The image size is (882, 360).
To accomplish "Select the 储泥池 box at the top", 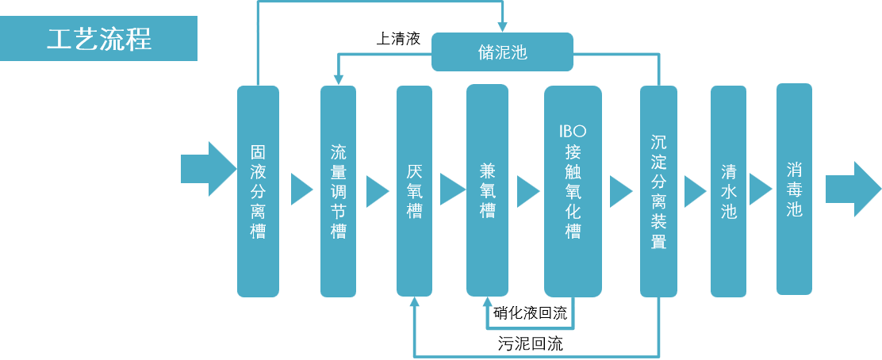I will click(x=502, y=53).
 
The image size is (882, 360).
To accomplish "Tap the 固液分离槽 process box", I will click(x=258, y=191).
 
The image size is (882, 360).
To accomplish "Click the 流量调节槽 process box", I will click(x=339, y=191).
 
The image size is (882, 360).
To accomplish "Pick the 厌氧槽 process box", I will click(x=414, y=191).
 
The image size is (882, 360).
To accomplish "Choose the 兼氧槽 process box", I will click(x=487, y=191).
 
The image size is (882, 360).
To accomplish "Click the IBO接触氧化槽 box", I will click(x=573, y=191).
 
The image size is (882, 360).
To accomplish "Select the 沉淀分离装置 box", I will click(x=658, y=191).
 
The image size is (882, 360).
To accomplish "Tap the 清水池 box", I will click(x=728, y=191).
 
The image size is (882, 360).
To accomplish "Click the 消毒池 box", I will click(x=794, y=190).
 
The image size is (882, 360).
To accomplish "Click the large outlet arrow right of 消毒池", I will click(x=853, y=189).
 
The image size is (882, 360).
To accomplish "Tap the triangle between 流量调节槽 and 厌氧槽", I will click(x=377, y=191).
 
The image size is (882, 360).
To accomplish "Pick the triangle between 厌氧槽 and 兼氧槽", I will click(x=451, y=190).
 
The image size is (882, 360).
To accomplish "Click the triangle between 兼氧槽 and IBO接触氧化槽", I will click(x=527, y=191).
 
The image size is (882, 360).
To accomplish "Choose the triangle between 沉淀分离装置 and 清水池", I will click(x=694, y=191).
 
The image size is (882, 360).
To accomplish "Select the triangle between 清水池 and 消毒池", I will click(x=760, y=190).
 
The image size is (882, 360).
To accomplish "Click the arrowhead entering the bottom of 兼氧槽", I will click(x=487, y=301).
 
